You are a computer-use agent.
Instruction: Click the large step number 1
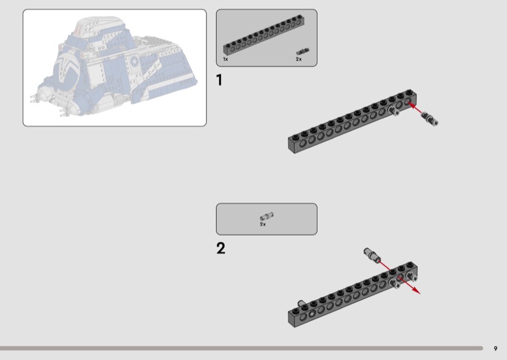click(x=219, y=80)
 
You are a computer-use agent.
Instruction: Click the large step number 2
click(x=221, y=248)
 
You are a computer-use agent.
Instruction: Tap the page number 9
click(x=496, y=348)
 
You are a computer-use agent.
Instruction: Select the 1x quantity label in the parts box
click(x=226, y=59)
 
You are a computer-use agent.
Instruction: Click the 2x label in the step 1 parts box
click(x=298, y=59)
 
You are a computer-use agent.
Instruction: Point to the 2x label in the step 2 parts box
click(x=262, y=224)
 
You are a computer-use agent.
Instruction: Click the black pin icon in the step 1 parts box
click(x=303, y=51)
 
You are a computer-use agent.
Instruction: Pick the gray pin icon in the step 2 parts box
click(x=266, y=217)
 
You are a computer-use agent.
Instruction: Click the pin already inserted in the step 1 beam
click(x=394, y=112)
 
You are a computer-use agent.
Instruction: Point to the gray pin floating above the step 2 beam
click(x=371, y=255)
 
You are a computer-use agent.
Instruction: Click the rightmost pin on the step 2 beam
click(x=413, y=277)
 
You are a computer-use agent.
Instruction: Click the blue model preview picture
click(x=115, y=67)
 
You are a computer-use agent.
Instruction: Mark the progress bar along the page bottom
click(x=241, y=348)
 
